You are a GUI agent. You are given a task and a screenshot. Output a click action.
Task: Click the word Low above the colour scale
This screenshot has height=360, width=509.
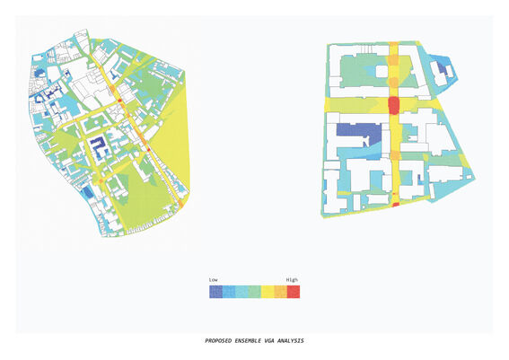[214, 280]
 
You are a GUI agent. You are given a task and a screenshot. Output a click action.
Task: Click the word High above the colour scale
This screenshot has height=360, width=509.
[292, 280]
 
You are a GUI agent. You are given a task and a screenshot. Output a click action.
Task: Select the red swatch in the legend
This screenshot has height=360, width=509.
[294, 291]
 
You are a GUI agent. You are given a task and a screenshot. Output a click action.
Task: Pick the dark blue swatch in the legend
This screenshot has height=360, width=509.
[215, 291]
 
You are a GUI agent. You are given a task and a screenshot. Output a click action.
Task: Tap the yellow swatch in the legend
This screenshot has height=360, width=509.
[268, 291]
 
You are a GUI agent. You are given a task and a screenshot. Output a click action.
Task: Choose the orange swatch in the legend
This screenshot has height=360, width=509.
[280, 291]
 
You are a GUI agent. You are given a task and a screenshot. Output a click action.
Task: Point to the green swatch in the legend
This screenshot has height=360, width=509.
[254, 291]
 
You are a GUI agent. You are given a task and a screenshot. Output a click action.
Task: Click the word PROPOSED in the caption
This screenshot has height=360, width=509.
[221, 341]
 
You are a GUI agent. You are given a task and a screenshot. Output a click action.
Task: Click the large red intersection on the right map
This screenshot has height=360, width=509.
[393, 106]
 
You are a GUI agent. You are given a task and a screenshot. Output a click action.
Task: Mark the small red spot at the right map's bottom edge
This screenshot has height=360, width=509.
[395, 206]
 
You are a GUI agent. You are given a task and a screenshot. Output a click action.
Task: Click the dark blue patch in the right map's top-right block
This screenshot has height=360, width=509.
[441, 67]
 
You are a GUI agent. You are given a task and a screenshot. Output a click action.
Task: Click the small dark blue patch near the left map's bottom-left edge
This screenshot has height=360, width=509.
[86, 191]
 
